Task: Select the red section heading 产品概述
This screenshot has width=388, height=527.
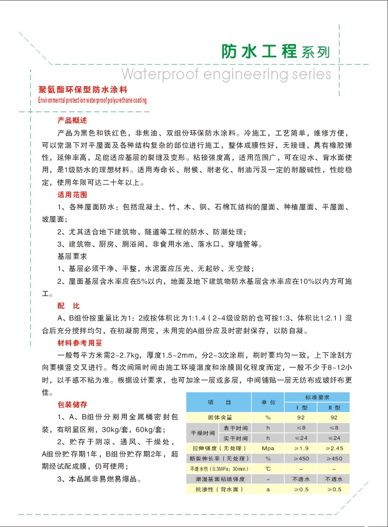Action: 72,120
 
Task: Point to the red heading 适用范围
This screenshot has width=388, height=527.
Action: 72,194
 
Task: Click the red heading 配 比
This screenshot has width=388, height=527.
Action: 68,306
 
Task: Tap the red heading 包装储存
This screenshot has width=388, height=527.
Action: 72,405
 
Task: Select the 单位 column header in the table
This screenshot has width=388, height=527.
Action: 268,402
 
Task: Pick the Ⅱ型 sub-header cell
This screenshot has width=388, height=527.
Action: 334,407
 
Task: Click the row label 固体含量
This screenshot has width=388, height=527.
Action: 218,417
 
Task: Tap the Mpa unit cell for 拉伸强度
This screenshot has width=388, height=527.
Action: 268,448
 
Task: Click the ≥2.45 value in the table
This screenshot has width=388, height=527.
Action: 334,448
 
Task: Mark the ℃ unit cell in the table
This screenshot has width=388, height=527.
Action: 268,469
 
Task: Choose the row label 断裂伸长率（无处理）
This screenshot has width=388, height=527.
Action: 218,458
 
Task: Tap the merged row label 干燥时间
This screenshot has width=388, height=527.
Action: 202,433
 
